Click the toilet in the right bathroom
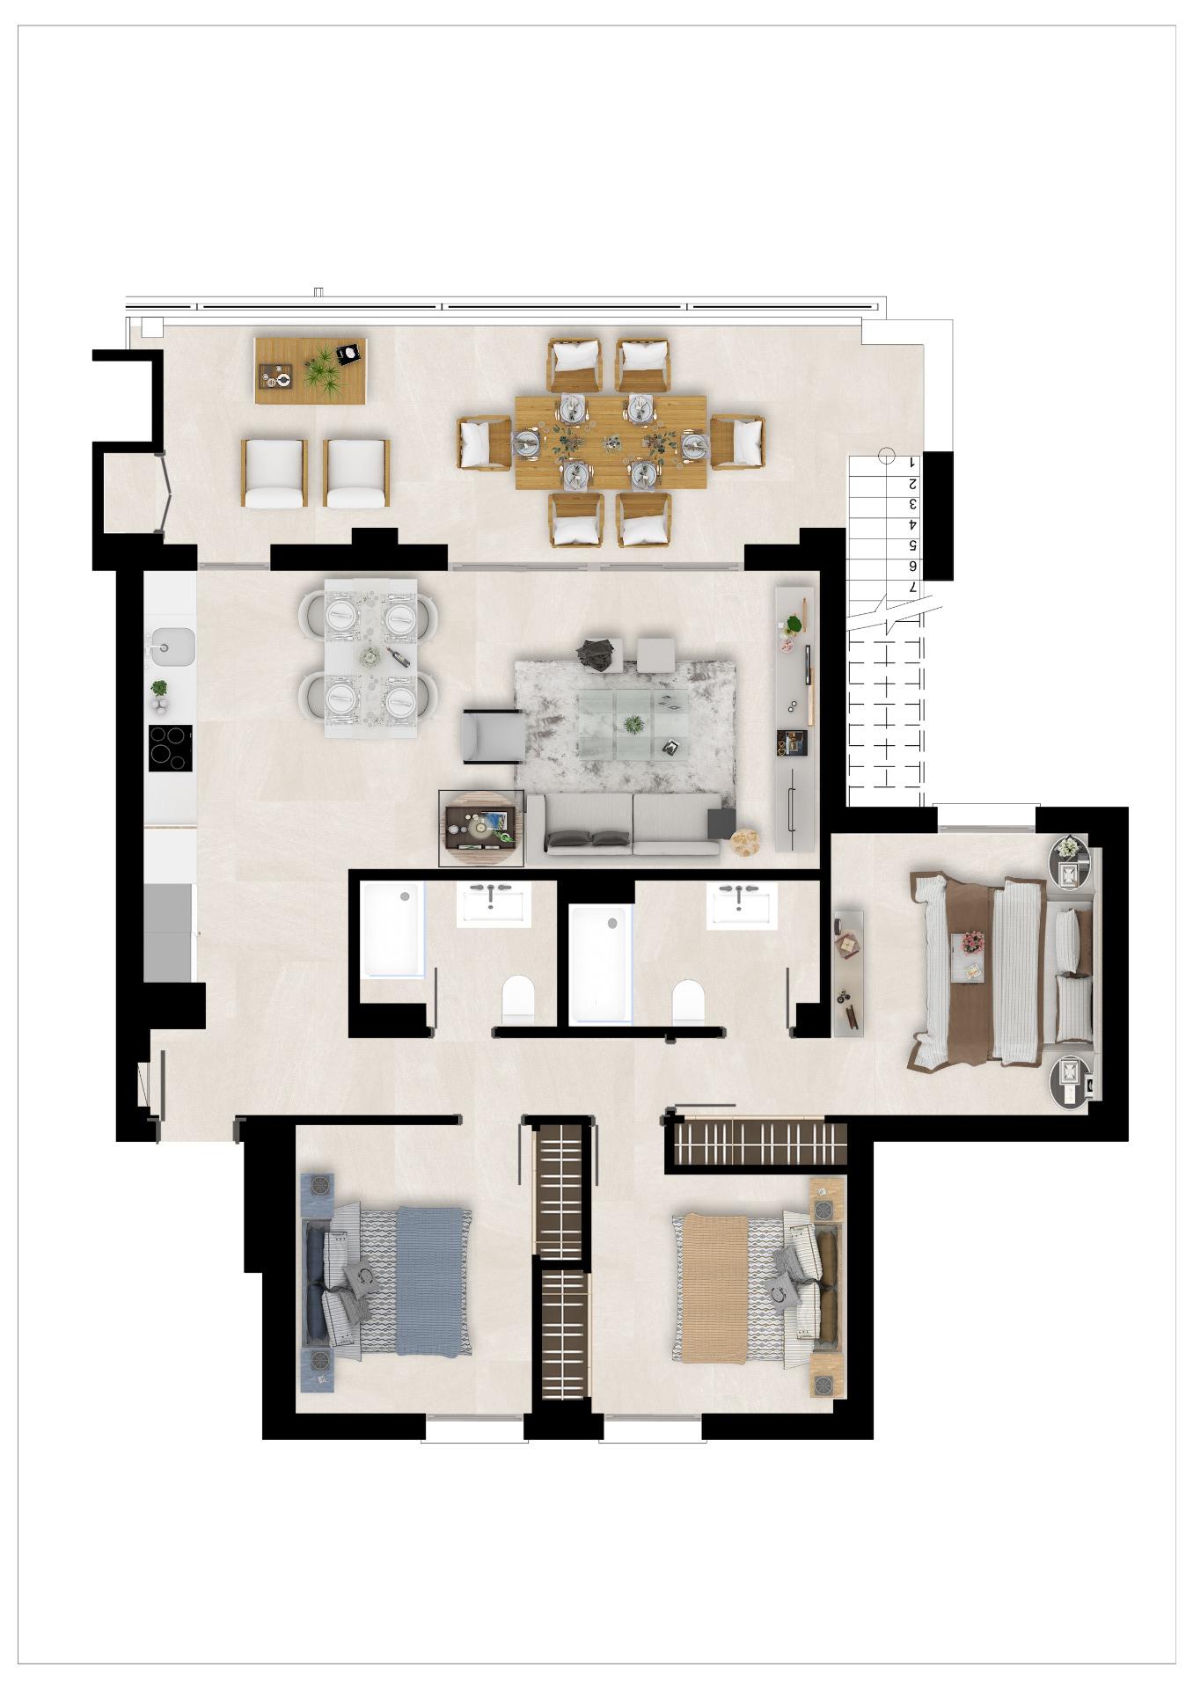688,1000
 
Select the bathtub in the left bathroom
393,930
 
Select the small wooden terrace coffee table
310,370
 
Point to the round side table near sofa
744,841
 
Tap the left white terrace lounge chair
274,472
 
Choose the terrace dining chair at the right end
737,442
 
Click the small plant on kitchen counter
159,689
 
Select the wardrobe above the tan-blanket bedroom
758,1143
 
